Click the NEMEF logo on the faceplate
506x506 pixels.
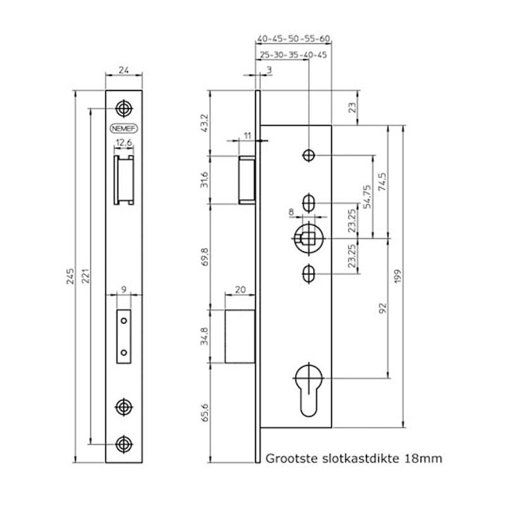pos(124,128)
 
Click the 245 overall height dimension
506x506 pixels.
pos(70,276)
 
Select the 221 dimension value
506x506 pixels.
pos(85,276)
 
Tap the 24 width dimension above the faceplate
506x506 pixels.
pos(123,70)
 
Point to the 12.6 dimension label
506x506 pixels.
pos(124,142)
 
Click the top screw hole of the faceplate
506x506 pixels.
pos(124,109)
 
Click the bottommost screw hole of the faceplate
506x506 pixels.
pos(124,444)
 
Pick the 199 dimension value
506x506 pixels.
pos(398,276)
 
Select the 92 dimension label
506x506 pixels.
pos(383,308)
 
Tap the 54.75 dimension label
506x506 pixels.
pos(367,197)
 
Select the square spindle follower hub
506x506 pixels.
pos(309,238)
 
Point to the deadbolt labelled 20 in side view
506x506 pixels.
pos(240,336)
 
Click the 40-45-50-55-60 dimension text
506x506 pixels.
pos(293,39)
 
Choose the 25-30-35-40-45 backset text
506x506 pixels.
pos(293,55)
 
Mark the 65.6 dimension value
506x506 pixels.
pos(204,412)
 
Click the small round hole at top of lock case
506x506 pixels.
pos(309,155)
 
